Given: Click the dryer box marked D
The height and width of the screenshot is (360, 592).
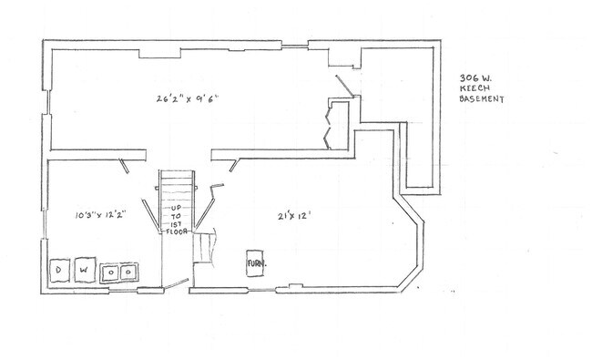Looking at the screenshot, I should tap(60, 271).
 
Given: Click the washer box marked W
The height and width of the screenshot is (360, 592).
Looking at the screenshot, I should tap(85, 271).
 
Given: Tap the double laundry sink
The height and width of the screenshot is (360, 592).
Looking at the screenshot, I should tap(120, 272).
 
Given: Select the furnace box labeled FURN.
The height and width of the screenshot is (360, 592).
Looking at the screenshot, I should tap(255, 263).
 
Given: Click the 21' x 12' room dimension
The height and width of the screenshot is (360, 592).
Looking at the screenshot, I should tap(295, 216).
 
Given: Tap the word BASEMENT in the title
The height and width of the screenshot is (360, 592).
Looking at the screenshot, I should tap(483, 98).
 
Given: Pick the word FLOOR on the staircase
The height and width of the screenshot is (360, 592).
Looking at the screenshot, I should tap(177, 232).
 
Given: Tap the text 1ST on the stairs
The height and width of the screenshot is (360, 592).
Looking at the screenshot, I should tap(177, 224).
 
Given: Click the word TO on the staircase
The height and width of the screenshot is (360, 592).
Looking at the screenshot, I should tap(177, 217).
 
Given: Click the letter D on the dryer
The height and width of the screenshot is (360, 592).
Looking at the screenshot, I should tap(60, 271).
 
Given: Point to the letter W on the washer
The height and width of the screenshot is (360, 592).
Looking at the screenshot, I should tap(85, 271).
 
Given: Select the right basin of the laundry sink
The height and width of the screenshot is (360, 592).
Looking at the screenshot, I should tap(128, 272).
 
